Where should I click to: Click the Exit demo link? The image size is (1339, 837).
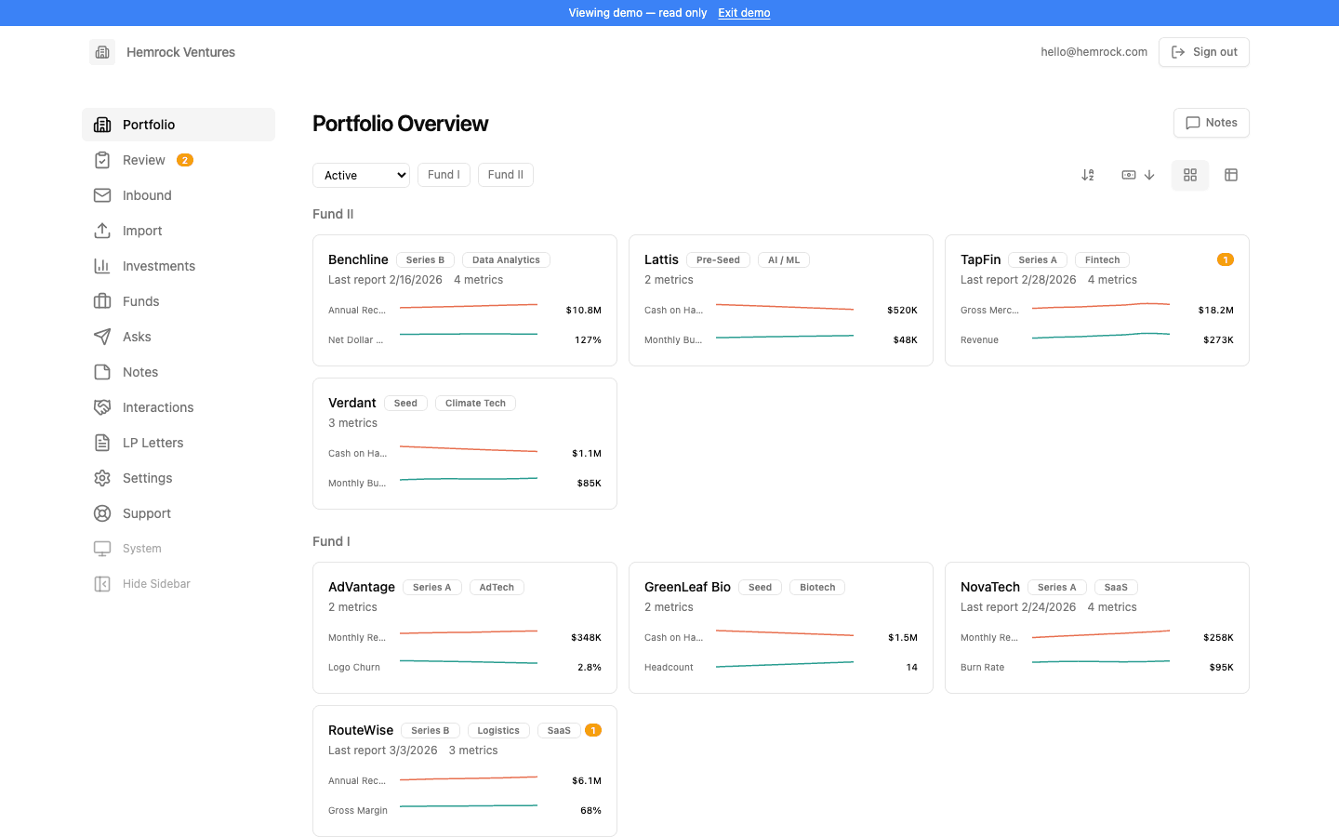[x=744, y=13]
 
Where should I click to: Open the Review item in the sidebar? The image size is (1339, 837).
[x=143, y=160]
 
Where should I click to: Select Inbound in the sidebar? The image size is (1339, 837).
[x=147, y=195]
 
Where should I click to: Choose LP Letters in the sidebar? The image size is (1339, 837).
[x=152, y=443]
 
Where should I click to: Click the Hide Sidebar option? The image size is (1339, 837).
[x=155, y=584]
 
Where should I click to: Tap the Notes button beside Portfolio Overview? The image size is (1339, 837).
[x=1211, y=123]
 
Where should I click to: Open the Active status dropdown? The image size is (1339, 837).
[x=361, y=175]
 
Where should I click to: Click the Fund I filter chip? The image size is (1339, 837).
[x=444, y=175]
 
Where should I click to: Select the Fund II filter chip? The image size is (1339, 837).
[x=505, y=175]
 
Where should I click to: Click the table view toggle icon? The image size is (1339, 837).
[x=1231, y=175]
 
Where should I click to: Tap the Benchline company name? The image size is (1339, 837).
[x=358, y=259]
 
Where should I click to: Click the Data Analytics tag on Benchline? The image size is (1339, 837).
[x=506, y=260]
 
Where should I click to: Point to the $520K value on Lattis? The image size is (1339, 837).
[x=902, y=311]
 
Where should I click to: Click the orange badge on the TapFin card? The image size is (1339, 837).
[x=1225, y=259]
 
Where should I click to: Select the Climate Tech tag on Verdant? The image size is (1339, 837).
[x=475, y=404]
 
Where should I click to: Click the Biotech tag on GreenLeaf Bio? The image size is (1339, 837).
[x=817, y=588]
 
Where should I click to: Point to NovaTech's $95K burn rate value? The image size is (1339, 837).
[x=1221, y=668]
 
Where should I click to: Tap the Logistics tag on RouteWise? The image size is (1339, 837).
[x=498, y=731]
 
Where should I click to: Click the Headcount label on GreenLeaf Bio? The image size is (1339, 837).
[x=669, y=668]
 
